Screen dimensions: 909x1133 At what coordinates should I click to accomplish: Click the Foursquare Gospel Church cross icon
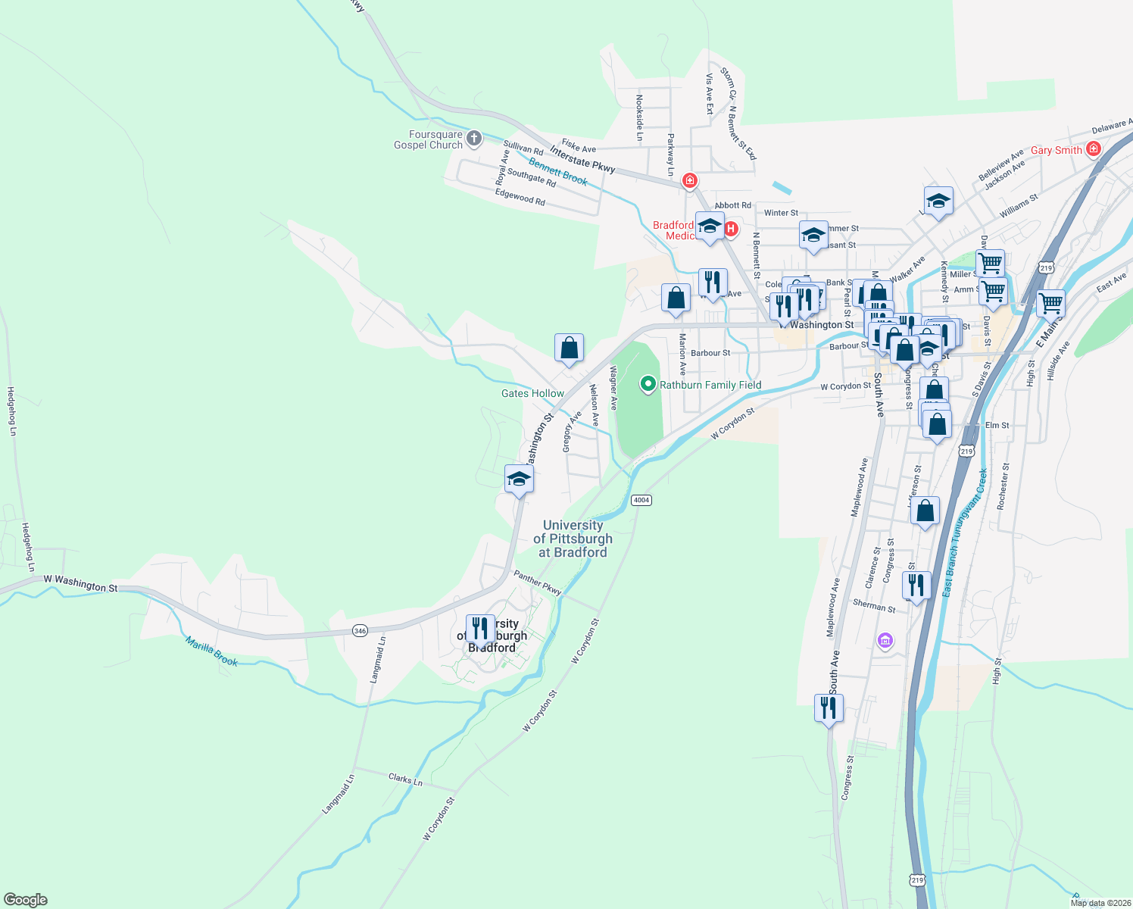[x=474, y=138]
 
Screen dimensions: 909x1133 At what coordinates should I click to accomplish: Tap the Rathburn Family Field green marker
[x=648, y=385]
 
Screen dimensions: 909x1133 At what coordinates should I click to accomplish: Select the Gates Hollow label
[x=532, y=394]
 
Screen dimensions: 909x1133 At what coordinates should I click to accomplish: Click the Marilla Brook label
[x=212, y=651]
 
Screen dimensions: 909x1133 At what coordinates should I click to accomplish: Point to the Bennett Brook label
[x=558, y=172]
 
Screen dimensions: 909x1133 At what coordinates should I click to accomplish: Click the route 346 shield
[x=360, y=630]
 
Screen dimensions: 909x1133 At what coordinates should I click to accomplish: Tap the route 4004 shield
[x=641, y=500]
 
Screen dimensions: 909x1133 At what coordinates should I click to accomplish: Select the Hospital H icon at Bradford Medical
[x=732, y=229]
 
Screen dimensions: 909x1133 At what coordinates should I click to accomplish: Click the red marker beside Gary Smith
[x=1093, y=148]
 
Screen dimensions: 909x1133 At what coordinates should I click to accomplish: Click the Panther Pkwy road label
[x=538, y=583]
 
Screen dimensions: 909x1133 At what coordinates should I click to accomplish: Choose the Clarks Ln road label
[x=405, y=779]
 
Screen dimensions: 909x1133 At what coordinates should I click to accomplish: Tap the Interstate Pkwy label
[x=582, y=160]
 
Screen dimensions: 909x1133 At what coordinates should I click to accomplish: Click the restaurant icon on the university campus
[x=480, y=628]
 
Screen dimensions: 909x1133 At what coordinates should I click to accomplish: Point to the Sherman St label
[x=874, y=606]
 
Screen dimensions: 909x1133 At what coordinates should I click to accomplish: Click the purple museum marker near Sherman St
[x=885, y=642]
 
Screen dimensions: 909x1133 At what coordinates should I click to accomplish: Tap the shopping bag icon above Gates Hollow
[x=569, y=348]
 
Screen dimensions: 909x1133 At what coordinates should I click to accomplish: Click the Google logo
[x=26, y=900]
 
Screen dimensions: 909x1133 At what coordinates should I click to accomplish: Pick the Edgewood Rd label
[x=520, y=197]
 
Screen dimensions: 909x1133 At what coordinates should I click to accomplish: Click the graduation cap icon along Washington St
[x=519, y=479]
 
